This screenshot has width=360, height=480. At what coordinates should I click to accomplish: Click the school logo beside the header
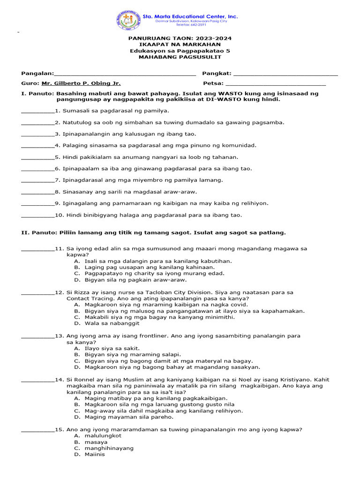[x=128, y=20]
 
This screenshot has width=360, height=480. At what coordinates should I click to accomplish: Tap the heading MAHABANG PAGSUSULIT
[x=180, y=57]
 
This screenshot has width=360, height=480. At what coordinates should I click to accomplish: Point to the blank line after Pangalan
[x=125, y=74]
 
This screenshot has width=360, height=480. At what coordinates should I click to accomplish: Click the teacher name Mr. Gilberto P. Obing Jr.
[x=81, y=83]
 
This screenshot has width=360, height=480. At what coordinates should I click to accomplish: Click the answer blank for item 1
[x=38, y=112]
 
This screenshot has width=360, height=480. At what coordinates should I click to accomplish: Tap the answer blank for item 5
[x=38, y=158]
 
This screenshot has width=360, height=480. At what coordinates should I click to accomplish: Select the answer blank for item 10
[x=38, y=216]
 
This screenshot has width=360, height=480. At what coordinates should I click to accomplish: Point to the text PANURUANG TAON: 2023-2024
[x=180, y=38]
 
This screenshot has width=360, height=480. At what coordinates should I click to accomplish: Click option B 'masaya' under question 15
[x=96, y=442]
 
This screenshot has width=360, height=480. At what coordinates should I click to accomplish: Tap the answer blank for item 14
[x=38, y=380]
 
